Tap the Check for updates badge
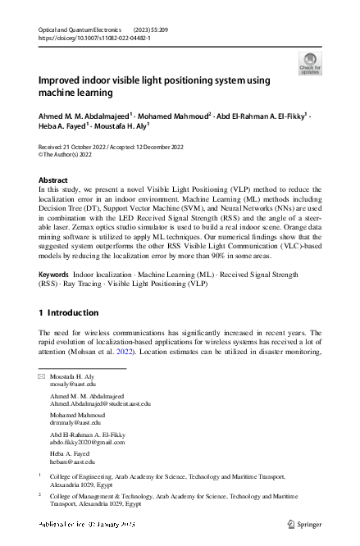310,63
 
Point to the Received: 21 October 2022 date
75,147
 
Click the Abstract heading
54,180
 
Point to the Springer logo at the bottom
303,522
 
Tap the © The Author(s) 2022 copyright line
68,154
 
